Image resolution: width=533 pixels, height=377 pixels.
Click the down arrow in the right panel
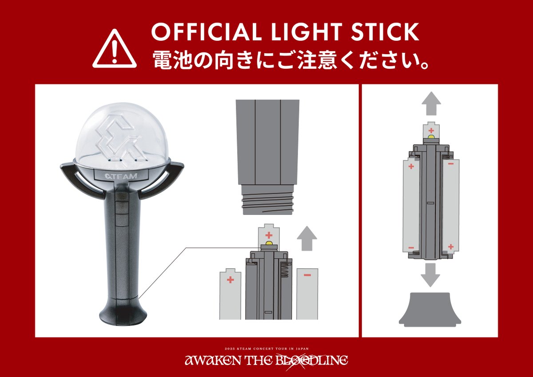click(430, 274)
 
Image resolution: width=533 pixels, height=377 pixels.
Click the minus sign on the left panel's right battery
click(307, 275)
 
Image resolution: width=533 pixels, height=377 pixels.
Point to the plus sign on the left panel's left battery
click(230, 280)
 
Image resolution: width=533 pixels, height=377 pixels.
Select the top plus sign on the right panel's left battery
click(411, 167)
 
